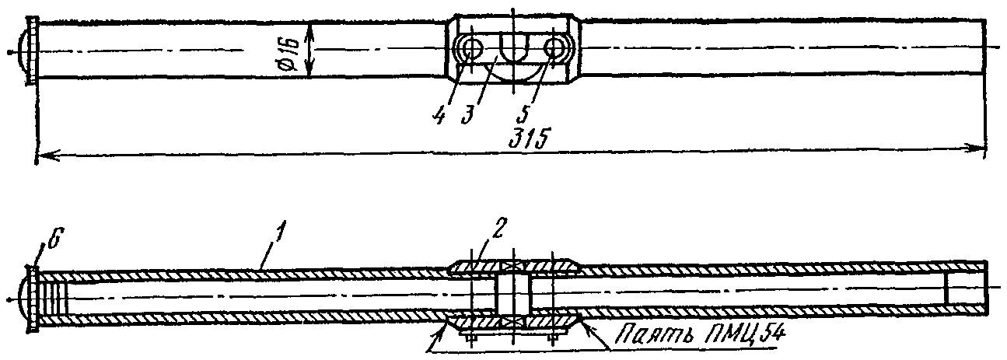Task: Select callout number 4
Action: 439,114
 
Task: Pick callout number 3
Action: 467,114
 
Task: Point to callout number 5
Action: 523,114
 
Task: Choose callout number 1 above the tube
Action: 280,235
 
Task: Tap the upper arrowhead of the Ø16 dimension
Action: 309,30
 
